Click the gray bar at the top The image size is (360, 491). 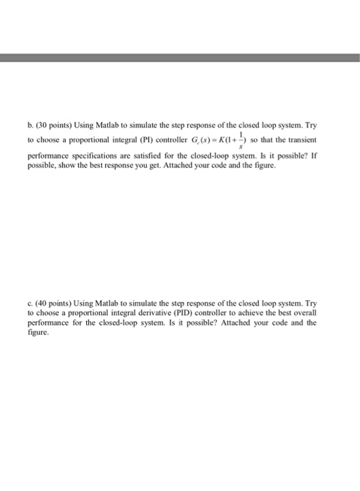tap(180, 59)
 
